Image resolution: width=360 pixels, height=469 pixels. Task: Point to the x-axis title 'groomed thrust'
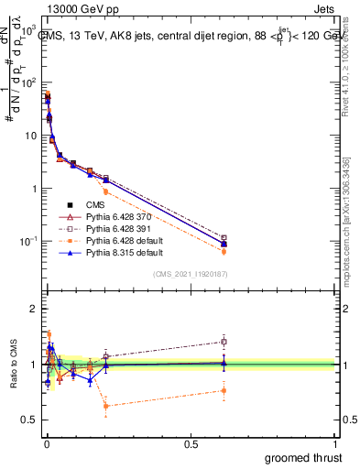(302, 455)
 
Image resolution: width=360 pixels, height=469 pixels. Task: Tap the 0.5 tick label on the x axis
(191, 442)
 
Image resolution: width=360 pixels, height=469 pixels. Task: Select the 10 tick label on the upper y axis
(28, 136)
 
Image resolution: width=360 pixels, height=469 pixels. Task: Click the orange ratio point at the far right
(224, 390)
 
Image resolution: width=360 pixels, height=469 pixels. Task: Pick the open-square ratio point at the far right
(224, 342)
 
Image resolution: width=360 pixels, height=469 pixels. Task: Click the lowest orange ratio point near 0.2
(105, 405)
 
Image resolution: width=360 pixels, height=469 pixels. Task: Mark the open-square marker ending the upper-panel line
(224, 238)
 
